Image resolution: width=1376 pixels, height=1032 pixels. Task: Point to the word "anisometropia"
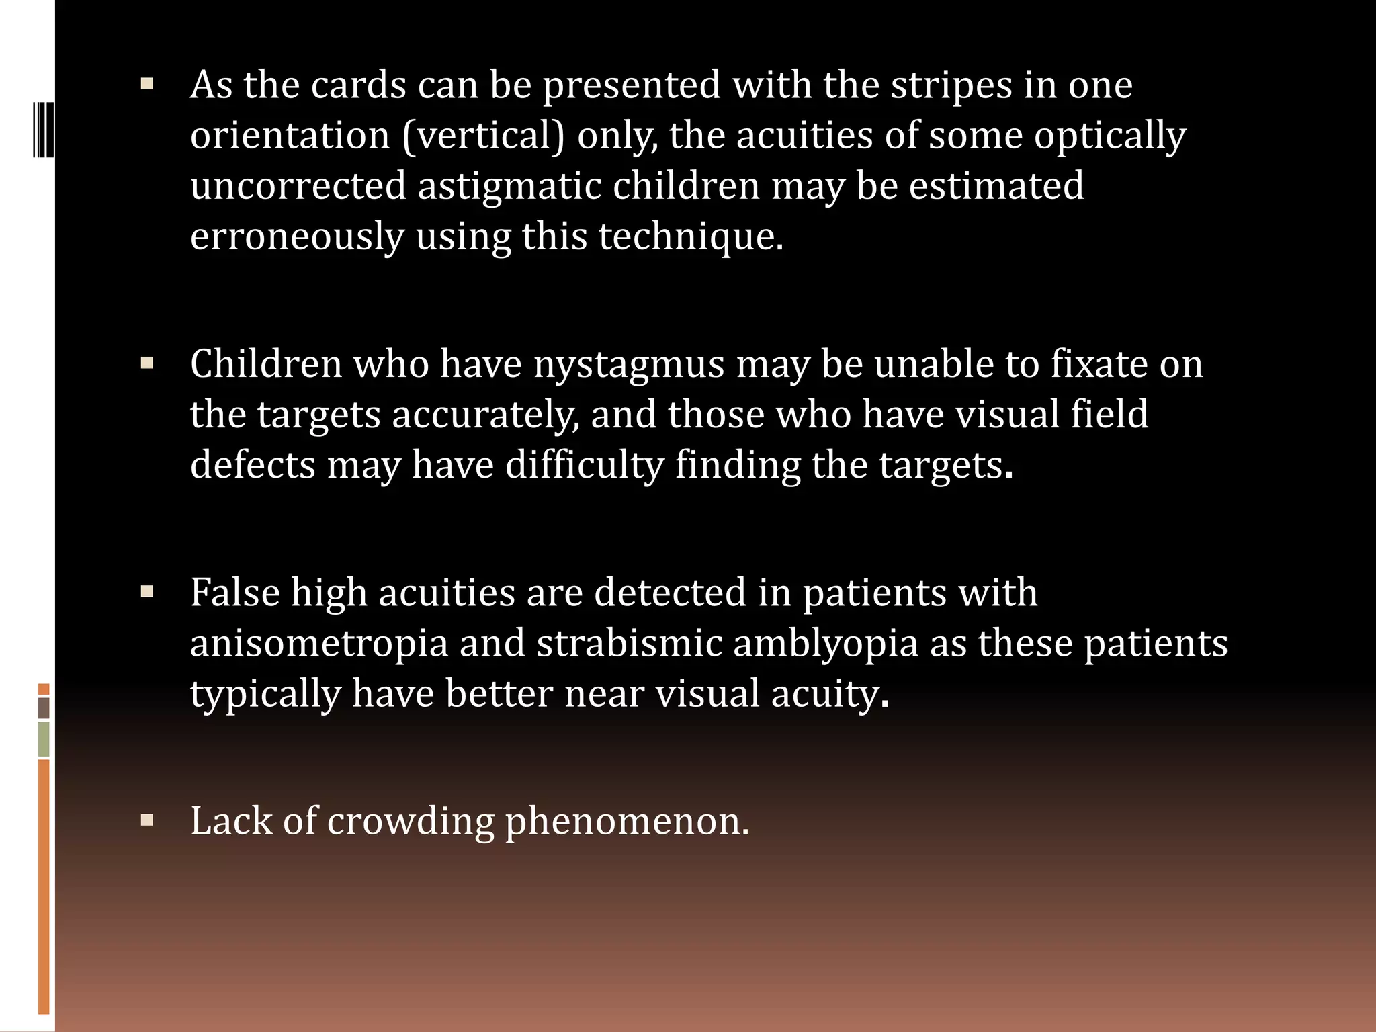click(319, 644)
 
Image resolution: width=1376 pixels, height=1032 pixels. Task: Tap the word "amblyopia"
click(826, 644)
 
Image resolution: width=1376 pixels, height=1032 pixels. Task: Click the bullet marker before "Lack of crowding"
click(147, 820)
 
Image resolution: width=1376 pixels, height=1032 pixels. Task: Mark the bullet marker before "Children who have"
click(147, 363)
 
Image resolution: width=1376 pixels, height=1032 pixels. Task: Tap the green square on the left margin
click(44, 738)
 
